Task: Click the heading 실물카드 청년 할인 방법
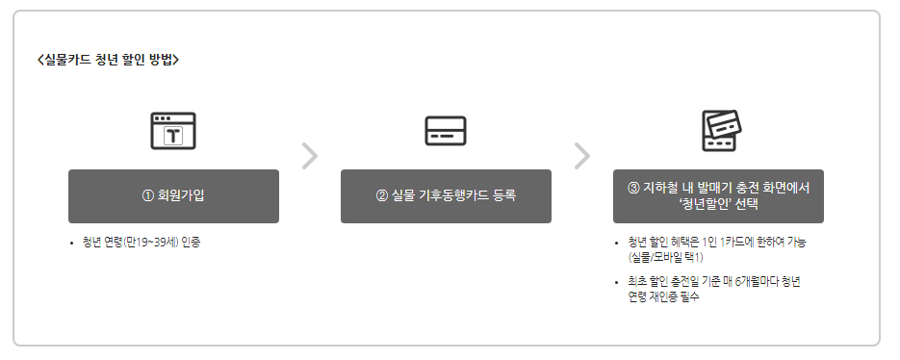(108, 60)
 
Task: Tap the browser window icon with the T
(173, 131)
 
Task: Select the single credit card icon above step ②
(446, 131)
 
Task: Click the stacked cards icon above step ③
(719, 131)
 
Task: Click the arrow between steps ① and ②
(309, 155)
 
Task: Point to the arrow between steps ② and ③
(581, 155)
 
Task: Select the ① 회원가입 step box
(173, 196)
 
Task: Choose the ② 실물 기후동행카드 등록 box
(446, 196)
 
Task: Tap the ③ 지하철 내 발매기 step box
(718, 196)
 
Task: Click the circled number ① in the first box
(148, 196)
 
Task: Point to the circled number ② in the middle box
(382, 196)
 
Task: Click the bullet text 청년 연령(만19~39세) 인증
(141, 243)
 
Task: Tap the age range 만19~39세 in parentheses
(148, 243)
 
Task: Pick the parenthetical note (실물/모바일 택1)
(665, 257)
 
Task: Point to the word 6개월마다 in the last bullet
(756, 282)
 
